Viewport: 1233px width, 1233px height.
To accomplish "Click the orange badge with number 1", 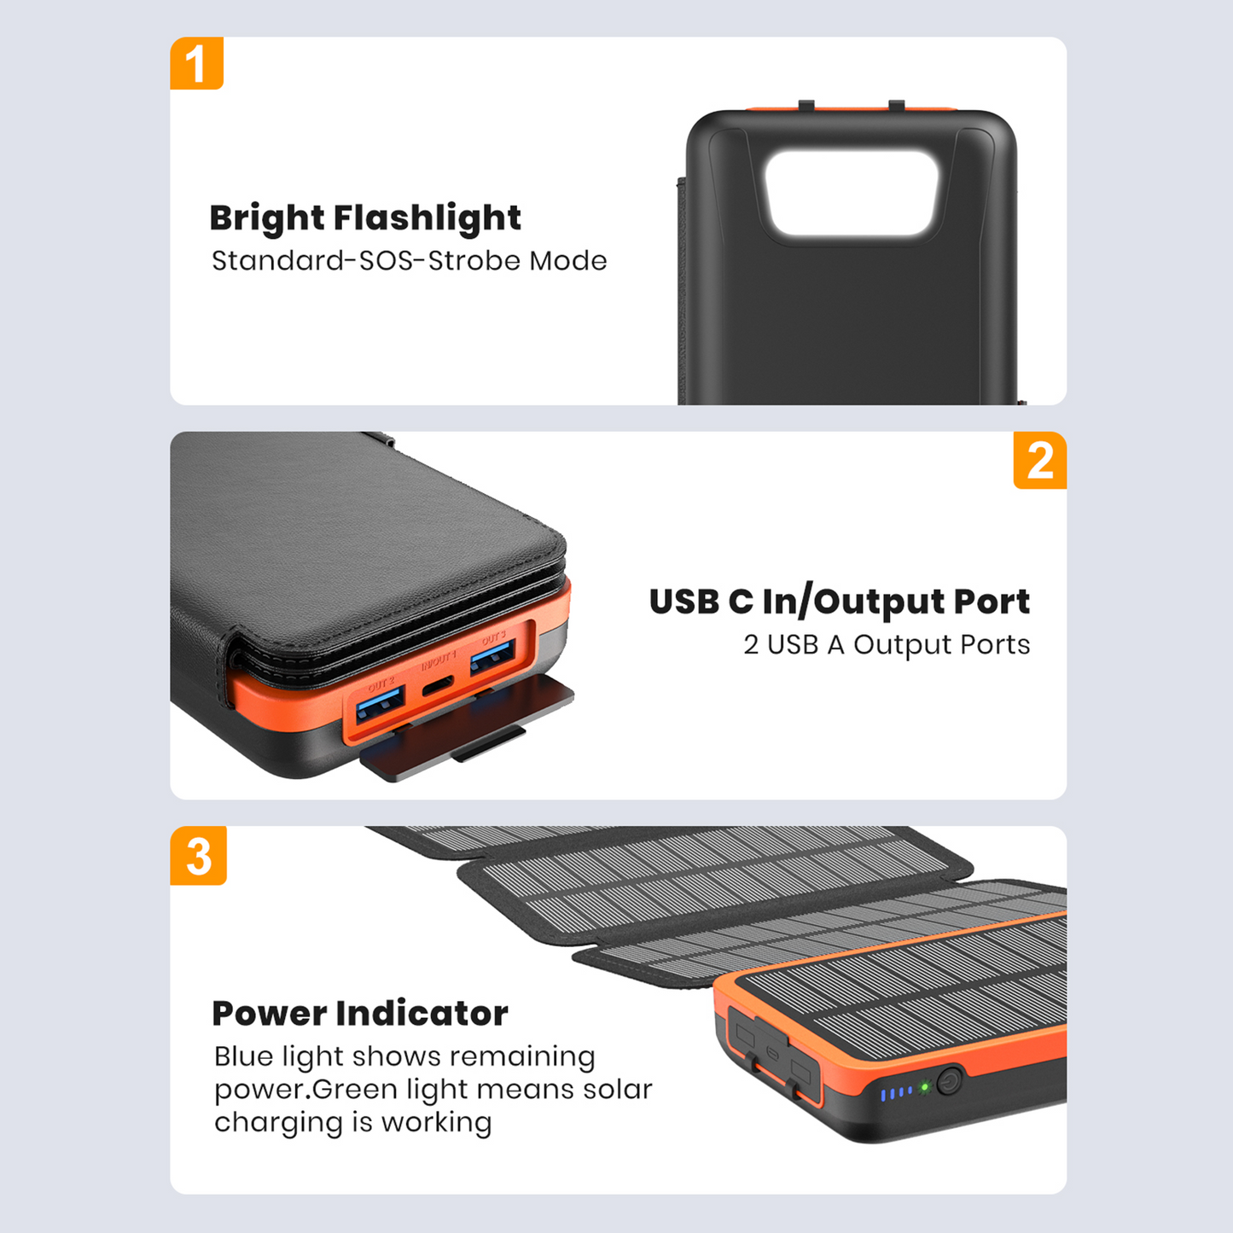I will tap(196, 63).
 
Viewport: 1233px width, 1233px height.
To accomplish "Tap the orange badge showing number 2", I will tap(1039, 461).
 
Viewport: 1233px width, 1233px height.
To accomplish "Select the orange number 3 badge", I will tap(198, 856).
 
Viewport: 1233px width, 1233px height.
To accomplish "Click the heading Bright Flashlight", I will tap(364, 218).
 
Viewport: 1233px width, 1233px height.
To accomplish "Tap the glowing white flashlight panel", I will tap(851, 193).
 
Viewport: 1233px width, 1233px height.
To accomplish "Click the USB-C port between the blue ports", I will tap(439, 684).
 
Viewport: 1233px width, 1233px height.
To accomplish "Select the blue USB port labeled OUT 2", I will tap(380, 703).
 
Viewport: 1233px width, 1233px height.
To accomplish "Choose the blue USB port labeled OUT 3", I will tap(492, 658).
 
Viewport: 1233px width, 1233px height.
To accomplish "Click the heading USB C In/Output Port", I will tap(839, 602).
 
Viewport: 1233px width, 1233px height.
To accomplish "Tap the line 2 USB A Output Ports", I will tap(886, 645).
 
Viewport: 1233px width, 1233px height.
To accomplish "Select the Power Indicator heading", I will tap(359, 1014).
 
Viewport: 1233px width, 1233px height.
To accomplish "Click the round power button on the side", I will tap(949, 1082).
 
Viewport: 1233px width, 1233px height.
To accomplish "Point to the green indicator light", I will tap(923, 1088).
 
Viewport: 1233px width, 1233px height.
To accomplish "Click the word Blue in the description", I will tap(245, 1056).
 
